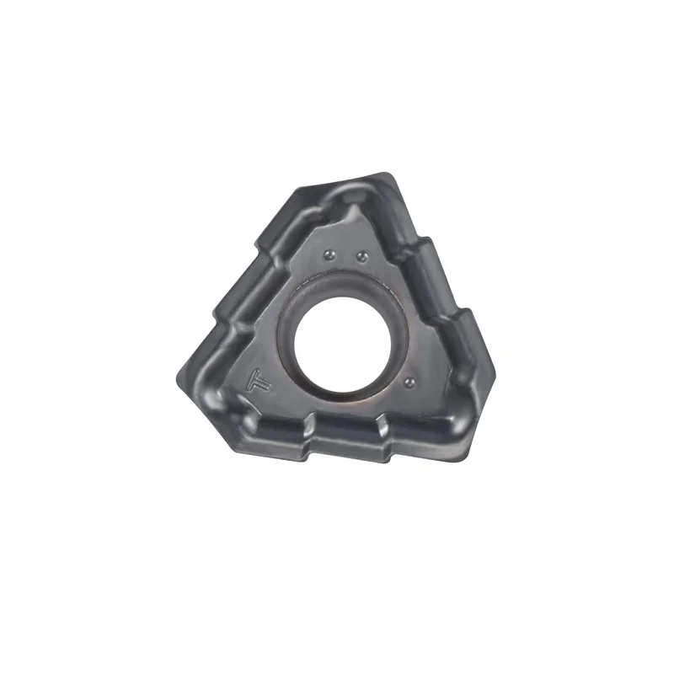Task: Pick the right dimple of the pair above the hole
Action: tap(361, 254)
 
